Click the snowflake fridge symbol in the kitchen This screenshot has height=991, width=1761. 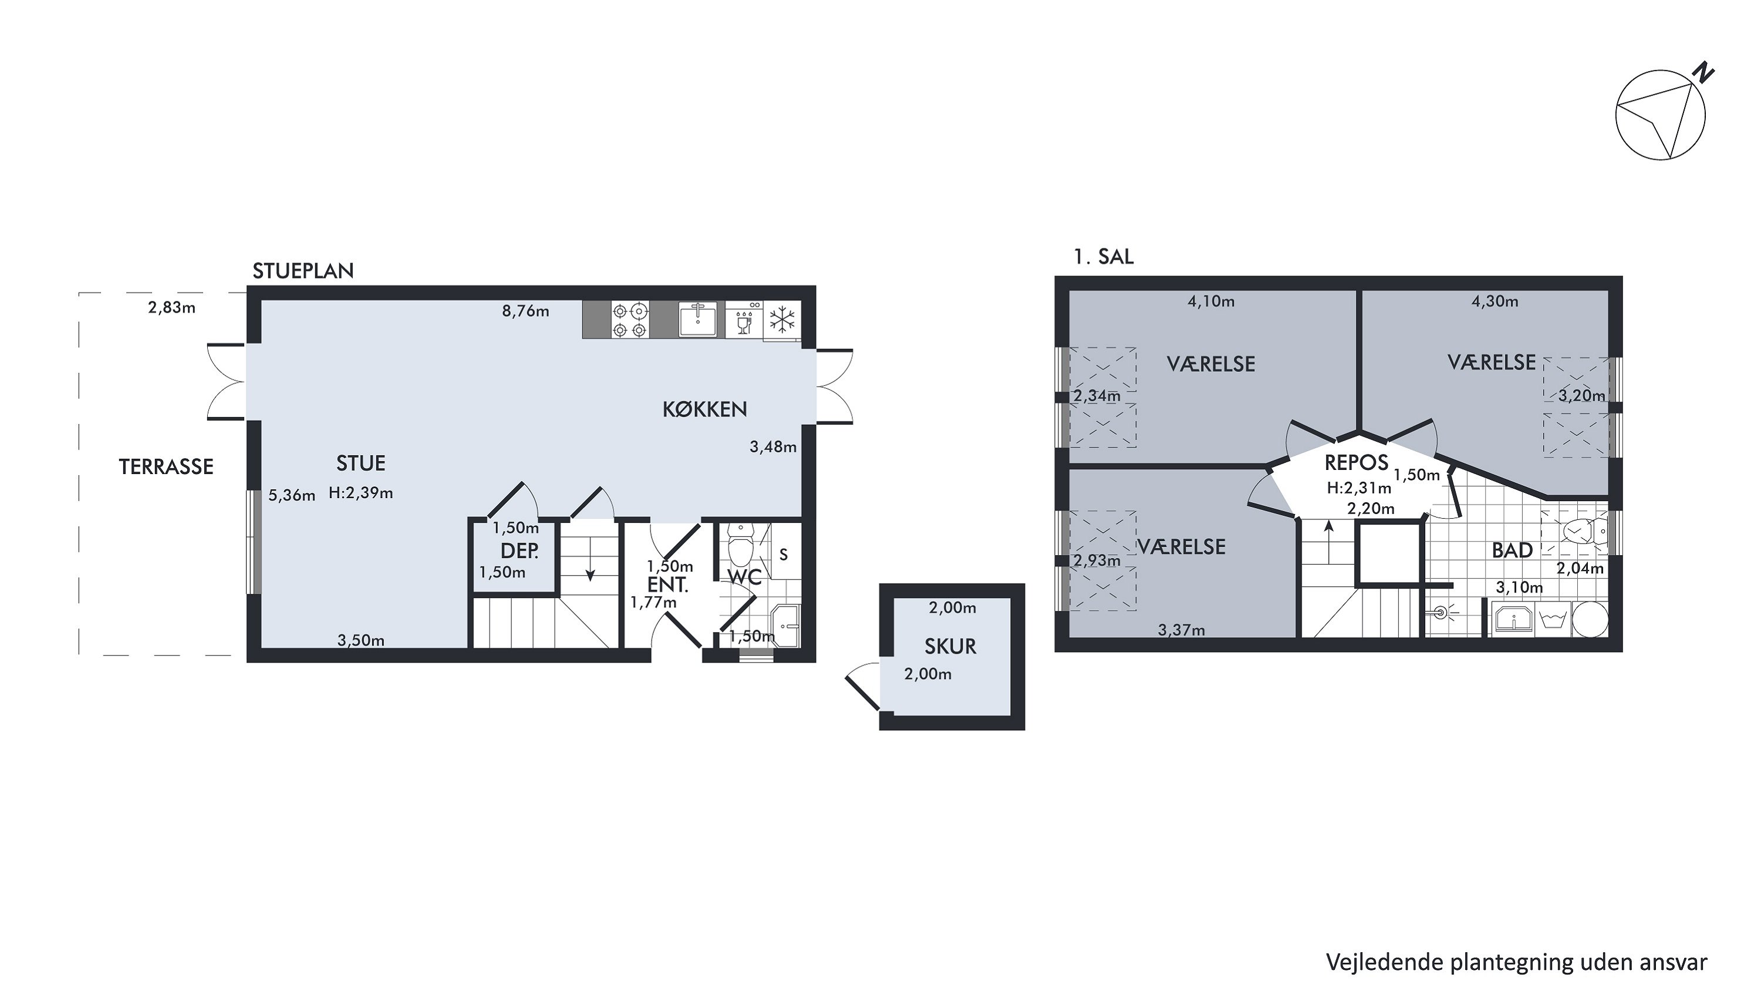pyautogui.click(x=782, y=320)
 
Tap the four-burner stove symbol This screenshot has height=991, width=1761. pyautogui.click(x=630, y=320)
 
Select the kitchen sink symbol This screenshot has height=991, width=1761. pyautogui.click(x=698, y=320)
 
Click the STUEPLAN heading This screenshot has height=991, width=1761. pyautogui.click(x=303, y=271)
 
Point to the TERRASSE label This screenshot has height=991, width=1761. pyautogui.click(x=166, y=466)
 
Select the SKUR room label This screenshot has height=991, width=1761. pyautogui.click(x=950, y=646)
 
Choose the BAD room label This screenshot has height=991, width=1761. pyautogui.click(x=1512, y=550)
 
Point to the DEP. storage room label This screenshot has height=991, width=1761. pyautogui.click(x=519, y=550)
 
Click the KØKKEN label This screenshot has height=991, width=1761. pyautogui.click(x=705, y=409)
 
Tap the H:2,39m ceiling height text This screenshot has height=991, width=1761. pyautogui.click(x=361, y=493)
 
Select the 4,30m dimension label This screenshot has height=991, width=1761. pyautogui.click(x=1495, y=301)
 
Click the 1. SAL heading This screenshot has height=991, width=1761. pyautogui.click(x=1104, y=257)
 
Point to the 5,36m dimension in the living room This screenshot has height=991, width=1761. pyautogui.click(x=292, y=495)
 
